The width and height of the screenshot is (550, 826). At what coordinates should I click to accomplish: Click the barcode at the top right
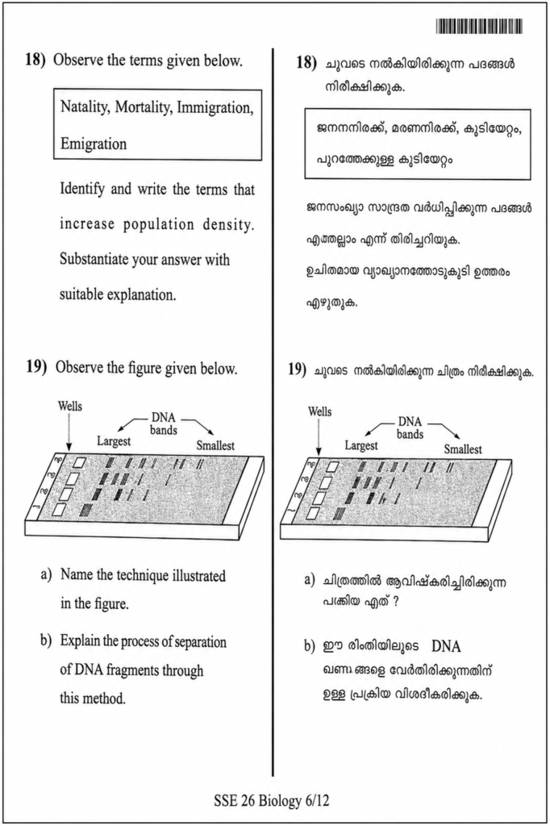point(479,26)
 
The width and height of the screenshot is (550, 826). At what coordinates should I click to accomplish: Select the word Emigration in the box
point(94,144)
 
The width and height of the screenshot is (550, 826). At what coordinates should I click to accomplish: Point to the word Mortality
point(143,107)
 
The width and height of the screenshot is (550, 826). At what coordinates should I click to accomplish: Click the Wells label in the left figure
point(70,407)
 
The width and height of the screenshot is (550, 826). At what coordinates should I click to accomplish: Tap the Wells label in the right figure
point(320,411)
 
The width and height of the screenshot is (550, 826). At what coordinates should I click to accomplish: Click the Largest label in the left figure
point(114,441)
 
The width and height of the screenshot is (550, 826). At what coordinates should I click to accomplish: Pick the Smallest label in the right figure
point(463,449)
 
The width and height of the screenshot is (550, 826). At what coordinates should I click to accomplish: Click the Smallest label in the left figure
point(215,445)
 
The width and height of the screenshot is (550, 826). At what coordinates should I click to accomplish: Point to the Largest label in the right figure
point(361,445)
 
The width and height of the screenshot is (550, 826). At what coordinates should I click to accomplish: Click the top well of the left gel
point(79,463)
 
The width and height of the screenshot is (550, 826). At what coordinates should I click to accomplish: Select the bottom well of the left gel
point(60,510)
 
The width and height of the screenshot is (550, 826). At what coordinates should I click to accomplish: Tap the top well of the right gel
point(332,466)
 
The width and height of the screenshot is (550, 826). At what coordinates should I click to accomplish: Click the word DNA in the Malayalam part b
point(446,646)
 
